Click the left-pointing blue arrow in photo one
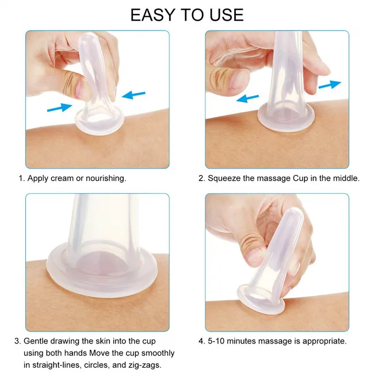[x=133, y=94]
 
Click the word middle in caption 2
[x=346, y=178]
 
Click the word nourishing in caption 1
[x=105, y=178]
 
